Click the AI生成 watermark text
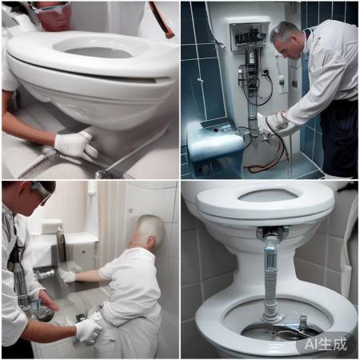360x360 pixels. click(x=326, y=344)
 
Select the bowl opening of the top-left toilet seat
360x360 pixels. click(x=97, y=50)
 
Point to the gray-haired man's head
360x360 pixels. click(x=286, y=38)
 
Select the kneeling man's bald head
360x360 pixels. click(x=148, y=230)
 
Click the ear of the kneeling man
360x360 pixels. click(x=151, y=241)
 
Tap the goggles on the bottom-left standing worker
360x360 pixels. click(x=42, y=190)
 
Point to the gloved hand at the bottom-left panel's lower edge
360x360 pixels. click(x=88, y=331)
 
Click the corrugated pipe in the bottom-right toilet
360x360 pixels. click(x=271, y=278)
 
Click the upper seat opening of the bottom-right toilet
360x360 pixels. click(x=268, y=195)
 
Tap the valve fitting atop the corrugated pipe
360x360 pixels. click(x=271, y=233)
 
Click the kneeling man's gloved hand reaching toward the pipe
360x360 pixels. click(x=68, y=276)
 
